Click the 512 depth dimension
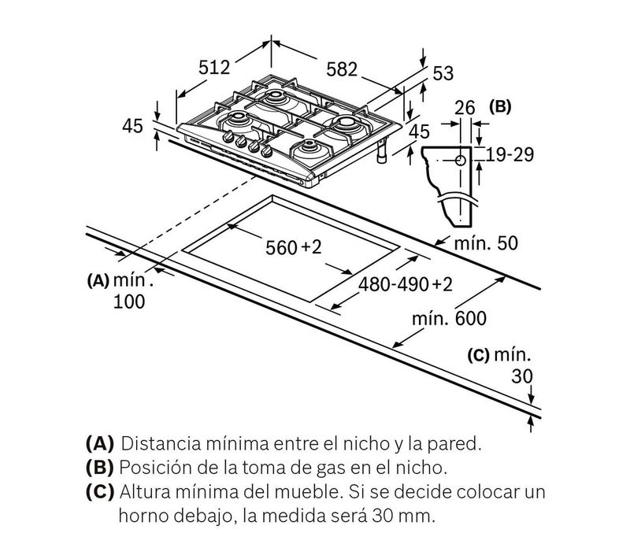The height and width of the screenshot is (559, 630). pyautogui.click(x=213, y=68)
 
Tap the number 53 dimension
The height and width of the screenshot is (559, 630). pyautogui.click(x=444, y=73)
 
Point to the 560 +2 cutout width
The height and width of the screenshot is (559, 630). pyautogui.click(x=294, y=248)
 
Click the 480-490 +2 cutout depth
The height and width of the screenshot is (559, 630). pyautogui.click(x=406, y=284)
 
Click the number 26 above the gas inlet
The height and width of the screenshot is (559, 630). pyautogui.click(x=465, y=108)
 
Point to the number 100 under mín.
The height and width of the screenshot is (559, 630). pyautogui.click(x=128, y=302)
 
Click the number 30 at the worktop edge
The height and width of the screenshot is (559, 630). pyautogui.click(x=522, y=376)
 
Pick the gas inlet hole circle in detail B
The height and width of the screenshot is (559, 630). pyautogui.click(x=460, y=160)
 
